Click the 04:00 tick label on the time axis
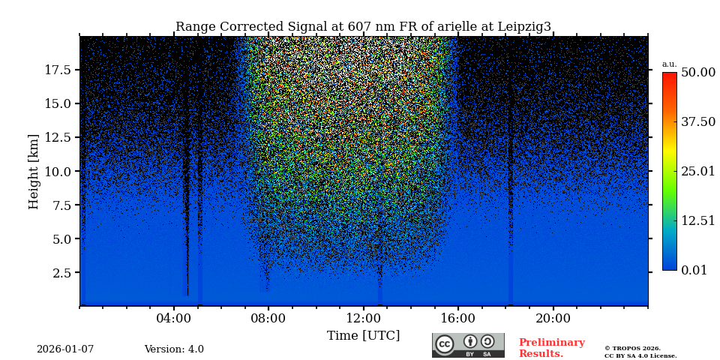pyautogui.click(x=174, y=318)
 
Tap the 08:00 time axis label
pyautogui.click(x=268, y=318)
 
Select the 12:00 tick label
pyautogui.click(x=363, y=318)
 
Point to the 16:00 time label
pyautogui.click(x=458, y=318)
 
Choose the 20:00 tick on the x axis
pyautogui.click(x=553, y=318)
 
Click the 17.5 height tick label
pyautogui.click(x=58, y=70)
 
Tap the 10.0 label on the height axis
pyautogui.click(x=58, y=171)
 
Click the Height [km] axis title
pyautogui.click(x=34, y=171)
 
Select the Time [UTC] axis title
pyautogui.click(x=363, y=336)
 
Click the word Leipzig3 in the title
pyautogui.click(x=523, y=27)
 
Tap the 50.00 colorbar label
pyautogui.click(x=698, y=72)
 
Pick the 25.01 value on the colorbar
pyautogui.click(x=698, y=171)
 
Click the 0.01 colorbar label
pyautogui.click(x=694, y=270)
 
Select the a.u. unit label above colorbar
pyautogui.click(x=669, y=64)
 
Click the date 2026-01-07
pyautogui.click(x=65, y=349)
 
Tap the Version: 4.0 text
pyautogui.click(x=174, y=349)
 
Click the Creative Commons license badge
pyautogui.click(x=468, y=345)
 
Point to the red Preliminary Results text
pyautogui.click(x=551, y=348)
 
